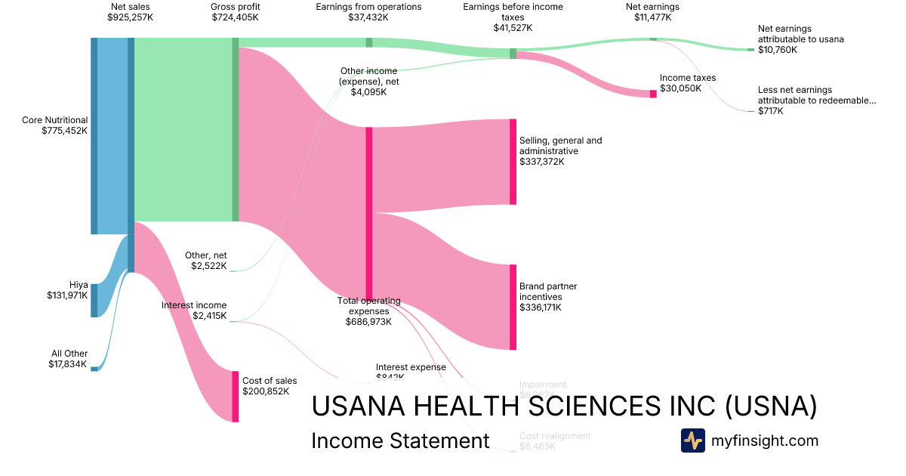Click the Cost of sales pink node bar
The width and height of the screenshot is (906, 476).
click(x=236, y=396)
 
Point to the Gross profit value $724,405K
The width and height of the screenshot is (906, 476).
click(x=235, y=17)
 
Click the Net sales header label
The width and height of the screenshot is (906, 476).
click(x=130, y=7)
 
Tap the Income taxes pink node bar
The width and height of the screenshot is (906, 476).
click(x=653, y=94)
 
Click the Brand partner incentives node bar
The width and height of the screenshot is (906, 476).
click(x=513, y=307)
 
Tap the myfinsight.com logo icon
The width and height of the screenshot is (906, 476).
click(x=692, y=440)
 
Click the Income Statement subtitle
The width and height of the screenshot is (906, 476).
click(x=400, y=441)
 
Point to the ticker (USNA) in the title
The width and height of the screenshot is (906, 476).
click(x=771, y=406)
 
